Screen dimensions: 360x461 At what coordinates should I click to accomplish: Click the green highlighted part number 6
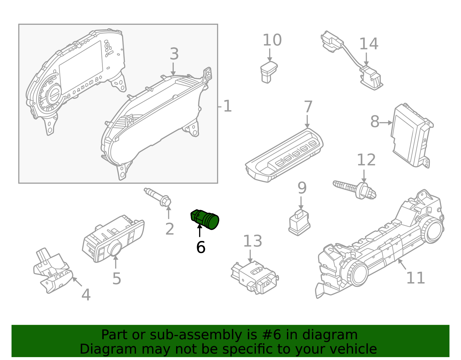click(x=205, y=219)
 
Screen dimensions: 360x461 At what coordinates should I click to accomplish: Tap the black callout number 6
click(x=201, y=248)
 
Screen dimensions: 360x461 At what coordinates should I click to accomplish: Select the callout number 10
click(x=272, y=40)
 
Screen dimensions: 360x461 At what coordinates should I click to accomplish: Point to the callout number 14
click(x=369, y=44)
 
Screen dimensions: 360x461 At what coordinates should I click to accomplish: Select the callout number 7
click(x=308, y=107)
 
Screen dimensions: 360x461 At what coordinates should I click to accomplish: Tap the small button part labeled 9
click(x=299, y=223)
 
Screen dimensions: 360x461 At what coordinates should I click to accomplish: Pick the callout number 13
click(x=252, y=241)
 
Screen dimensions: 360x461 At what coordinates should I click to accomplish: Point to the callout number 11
click(x=415, y=278)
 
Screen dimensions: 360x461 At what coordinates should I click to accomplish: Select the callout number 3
click(x=174, y=54)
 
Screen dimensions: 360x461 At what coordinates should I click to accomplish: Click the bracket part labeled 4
click(x=52, y=271)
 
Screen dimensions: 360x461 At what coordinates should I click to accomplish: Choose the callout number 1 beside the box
click(x=227, y=106)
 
